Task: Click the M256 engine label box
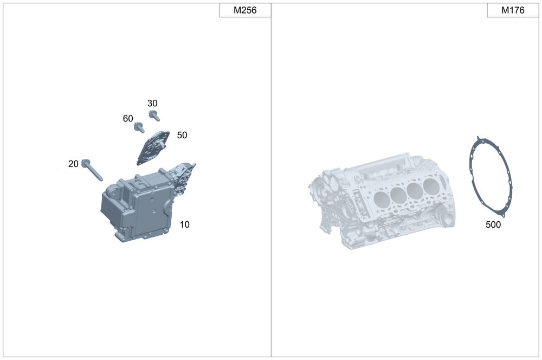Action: coord(244,10)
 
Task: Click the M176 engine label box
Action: coord(513,10)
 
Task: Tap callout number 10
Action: coord(184,224)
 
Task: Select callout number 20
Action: coord(73,164)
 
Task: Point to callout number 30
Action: coord(152,103)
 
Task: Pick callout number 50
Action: coord(182,135)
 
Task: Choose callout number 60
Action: coord(128,118)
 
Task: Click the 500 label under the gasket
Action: coord(493,224)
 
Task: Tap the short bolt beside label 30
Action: coord(154,115)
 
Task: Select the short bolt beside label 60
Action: coord(139,127)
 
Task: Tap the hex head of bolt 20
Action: coord(85,163)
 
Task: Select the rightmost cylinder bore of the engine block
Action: coord(431,185)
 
